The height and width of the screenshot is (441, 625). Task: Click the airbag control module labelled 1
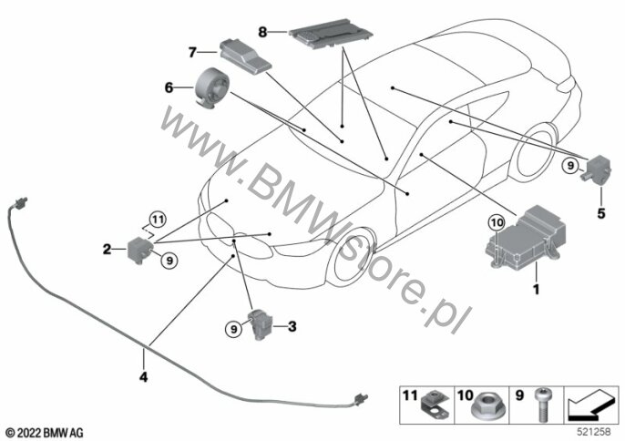point(526,236)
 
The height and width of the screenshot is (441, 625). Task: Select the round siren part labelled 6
point(211,88)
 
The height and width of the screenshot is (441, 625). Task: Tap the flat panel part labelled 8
point(331,34)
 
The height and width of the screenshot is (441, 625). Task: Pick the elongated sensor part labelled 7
point(245,56)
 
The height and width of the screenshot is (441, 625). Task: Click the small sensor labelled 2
point(140,250)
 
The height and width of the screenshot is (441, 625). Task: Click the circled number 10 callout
point(497,223)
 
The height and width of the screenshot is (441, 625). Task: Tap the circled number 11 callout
point(158,220)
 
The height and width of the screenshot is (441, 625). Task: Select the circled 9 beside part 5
point(570,165)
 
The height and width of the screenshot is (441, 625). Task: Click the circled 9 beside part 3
point(233,329)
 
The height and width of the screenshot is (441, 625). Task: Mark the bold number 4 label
point(144,377)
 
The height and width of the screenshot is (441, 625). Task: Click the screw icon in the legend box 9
point(542,405)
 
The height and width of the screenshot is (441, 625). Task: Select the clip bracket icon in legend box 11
point(434,405)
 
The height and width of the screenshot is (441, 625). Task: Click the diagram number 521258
point(594,431)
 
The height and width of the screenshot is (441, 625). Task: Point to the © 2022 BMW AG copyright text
point(45,433)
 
